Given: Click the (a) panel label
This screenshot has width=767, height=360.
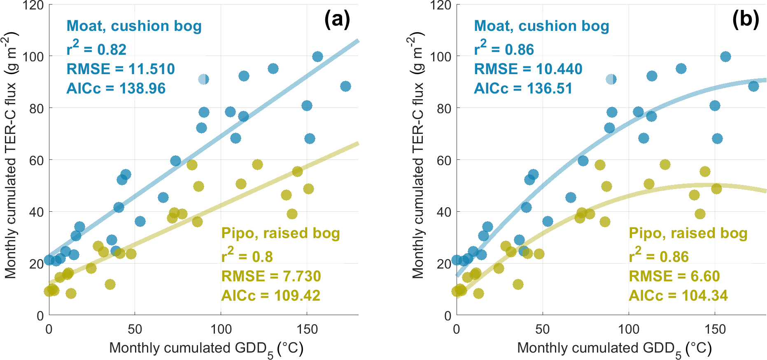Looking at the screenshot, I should point(337,19).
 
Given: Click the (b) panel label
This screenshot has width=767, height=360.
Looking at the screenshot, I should point(745,19).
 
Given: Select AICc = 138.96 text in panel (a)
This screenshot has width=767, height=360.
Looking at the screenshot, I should point(116,89).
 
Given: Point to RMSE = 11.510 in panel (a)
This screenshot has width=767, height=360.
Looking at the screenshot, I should point(121,69).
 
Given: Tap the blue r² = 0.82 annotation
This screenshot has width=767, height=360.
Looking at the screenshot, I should point(96,49).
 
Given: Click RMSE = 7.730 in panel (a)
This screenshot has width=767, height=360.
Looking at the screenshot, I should point(271,276).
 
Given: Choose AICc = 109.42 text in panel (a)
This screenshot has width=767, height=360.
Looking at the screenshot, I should point(271,296).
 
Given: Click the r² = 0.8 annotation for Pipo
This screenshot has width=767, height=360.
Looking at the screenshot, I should point(247,256).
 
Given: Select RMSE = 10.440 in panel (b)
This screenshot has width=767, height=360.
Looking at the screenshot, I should point(528,69).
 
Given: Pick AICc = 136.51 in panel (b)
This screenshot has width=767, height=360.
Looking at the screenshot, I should point(523,89).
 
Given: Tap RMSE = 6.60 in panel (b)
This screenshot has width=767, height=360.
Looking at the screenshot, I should point(674,276).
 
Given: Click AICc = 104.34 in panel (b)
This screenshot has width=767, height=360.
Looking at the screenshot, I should point(678,296).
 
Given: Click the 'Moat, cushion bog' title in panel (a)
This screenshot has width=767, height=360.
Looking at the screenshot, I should point(134,26).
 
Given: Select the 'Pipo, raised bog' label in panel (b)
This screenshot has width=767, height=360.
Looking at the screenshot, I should point(688,233).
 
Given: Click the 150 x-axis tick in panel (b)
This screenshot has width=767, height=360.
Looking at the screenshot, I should point(715,330).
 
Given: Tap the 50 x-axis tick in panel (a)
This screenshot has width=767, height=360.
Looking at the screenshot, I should point(135,330).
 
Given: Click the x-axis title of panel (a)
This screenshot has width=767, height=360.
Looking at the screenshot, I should point(206,348).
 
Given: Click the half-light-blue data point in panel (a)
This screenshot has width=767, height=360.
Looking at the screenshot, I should point(203,79).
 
